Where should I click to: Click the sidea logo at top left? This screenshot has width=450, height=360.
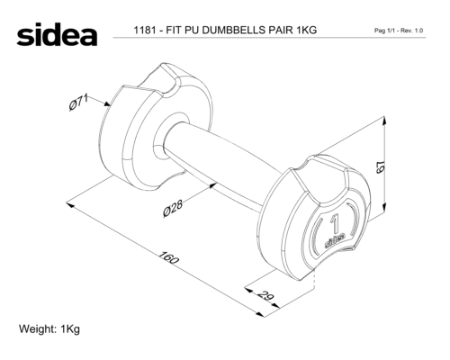(x=57, y=34)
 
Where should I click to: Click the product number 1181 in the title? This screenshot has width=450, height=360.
(x=145, y=30)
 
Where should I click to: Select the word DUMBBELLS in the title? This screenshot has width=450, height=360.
(x=233, y=30)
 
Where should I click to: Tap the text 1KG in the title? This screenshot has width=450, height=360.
(x=306, y=30)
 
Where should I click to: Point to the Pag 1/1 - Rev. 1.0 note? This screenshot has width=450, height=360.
(x=399, y=31)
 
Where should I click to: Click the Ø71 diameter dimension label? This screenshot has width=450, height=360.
(x=78, y=102)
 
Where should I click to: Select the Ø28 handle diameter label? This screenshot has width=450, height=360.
(x=173, y=208)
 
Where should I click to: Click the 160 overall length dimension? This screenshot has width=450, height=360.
(x=168, y=257)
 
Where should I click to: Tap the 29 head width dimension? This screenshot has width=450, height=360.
(x=265, y=295)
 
